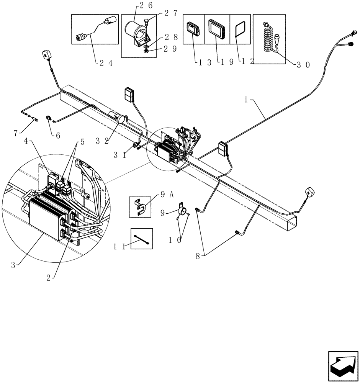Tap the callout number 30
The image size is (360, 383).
point(303,65)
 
